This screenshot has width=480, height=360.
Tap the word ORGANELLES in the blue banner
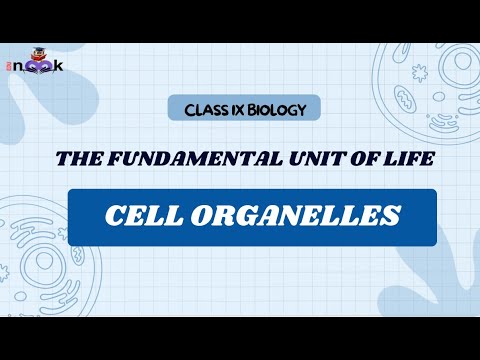(x=290, y=216)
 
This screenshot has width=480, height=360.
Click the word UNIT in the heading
(x=300, y=160)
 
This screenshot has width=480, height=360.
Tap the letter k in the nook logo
(x=58, y=66)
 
